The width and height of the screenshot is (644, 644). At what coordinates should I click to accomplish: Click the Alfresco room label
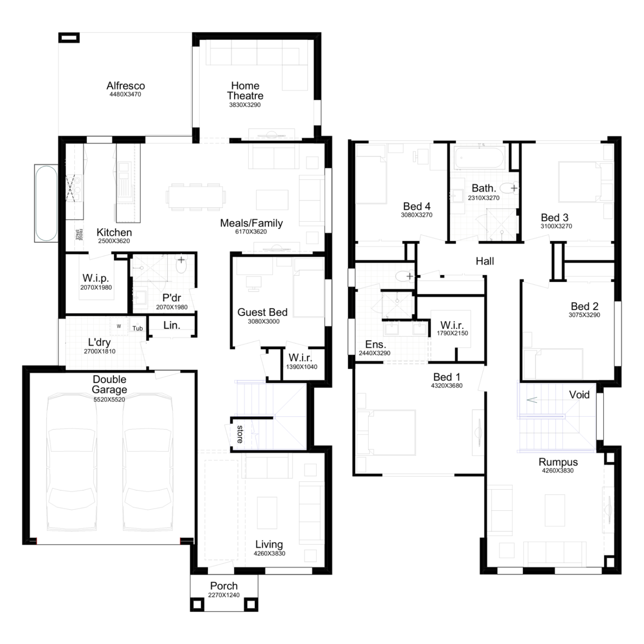[126, 86]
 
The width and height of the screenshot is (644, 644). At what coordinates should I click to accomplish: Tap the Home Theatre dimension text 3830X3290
[245, 105]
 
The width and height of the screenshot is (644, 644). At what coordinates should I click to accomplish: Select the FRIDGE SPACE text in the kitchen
[79, 235]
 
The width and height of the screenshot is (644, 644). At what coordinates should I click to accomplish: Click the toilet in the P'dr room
[181, 264]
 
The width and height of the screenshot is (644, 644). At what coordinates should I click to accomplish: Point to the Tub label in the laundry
[138, 329]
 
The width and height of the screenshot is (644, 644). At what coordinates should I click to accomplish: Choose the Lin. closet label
[172, 325]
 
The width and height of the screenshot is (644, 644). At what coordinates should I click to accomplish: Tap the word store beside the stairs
[240, 434]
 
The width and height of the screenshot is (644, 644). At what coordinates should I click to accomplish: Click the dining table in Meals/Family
[195, 197]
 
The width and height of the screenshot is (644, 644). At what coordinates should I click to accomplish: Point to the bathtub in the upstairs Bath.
[479, 158]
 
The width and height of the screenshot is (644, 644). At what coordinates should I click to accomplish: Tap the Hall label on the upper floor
[485, 261]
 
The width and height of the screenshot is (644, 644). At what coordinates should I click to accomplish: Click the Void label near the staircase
[579, 395]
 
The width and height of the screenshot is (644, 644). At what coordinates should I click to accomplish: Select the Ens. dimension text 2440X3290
[375, 353]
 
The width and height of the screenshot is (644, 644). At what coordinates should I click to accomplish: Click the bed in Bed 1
[392, 432]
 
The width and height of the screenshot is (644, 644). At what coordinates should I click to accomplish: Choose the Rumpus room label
[558, 462]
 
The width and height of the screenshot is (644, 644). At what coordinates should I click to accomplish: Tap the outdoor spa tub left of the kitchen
[46, 203]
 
